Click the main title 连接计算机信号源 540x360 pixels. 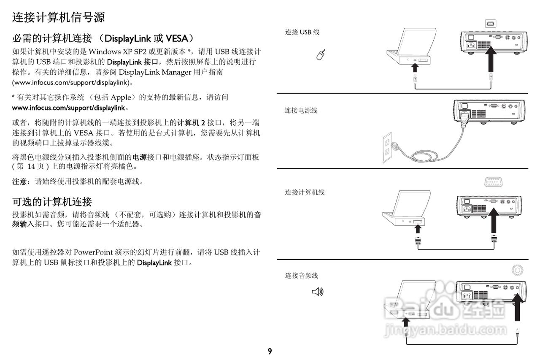click(x=58, y=17)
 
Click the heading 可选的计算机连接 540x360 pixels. click(x=52, y=201)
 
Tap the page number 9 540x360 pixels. click(x=270, y=351)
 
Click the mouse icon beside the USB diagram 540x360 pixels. click(x=321, y=54)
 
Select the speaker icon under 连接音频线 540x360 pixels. click(x=317, y=291)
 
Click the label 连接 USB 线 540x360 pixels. click(x=302, y=32)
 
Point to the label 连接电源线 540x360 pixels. click(x=301, y=111)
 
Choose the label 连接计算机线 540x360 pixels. click(x=305, y=192)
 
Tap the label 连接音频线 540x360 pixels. click(x=301, y=276)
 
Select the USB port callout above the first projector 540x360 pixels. click(x=490, y=24)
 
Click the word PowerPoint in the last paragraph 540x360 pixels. click(x=93, y=252)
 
